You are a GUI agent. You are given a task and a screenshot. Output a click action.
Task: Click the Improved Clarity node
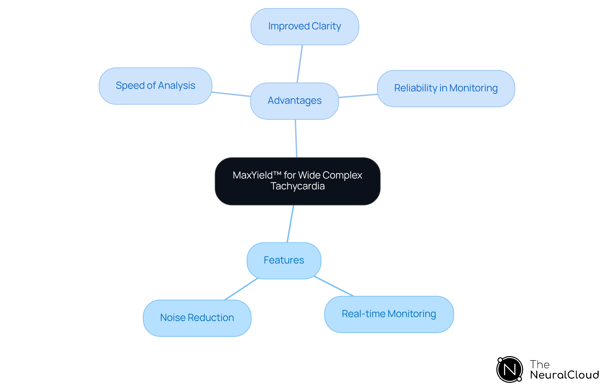pos(304,27)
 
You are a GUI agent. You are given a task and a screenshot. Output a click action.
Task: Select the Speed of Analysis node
pos(155,86)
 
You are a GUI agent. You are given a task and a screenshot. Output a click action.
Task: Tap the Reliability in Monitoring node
pos(446,88)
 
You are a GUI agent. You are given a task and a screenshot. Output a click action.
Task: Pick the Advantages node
pos(295,101)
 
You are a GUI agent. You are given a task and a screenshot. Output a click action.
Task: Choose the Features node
pos(284,260)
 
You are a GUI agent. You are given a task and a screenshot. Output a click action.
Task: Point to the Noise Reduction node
pos(197,318)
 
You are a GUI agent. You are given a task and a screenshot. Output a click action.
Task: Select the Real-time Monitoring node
pos(389,314)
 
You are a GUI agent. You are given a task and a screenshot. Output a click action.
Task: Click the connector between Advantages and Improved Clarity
pos(300,64)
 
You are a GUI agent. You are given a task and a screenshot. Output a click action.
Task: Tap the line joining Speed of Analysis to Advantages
pos(231,94)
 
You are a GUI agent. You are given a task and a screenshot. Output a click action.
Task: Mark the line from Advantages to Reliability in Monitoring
pos(358,96)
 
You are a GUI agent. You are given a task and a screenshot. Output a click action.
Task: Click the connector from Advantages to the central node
pos(296,138)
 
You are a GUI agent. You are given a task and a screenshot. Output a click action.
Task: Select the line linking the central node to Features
pos(290,224)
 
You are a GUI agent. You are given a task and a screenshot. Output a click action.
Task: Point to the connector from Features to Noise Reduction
pos(241,289)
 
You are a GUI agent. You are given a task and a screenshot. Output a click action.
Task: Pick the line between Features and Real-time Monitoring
pos(334,286)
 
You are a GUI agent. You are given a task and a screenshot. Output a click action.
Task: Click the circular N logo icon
pos(509,369)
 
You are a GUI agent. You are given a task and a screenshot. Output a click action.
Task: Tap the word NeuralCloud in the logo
pos(564,375)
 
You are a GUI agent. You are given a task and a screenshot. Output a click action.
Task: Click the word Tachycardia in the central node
pos(298,186)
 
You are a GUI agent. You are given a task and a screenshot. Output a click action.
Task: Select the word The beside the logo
pos(539,364)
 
